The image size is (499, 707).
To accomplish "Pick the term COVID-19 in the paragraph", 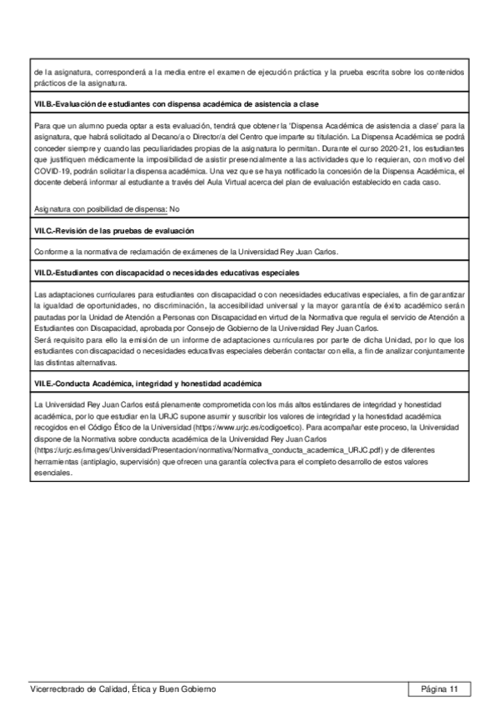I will coord(49,169).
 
